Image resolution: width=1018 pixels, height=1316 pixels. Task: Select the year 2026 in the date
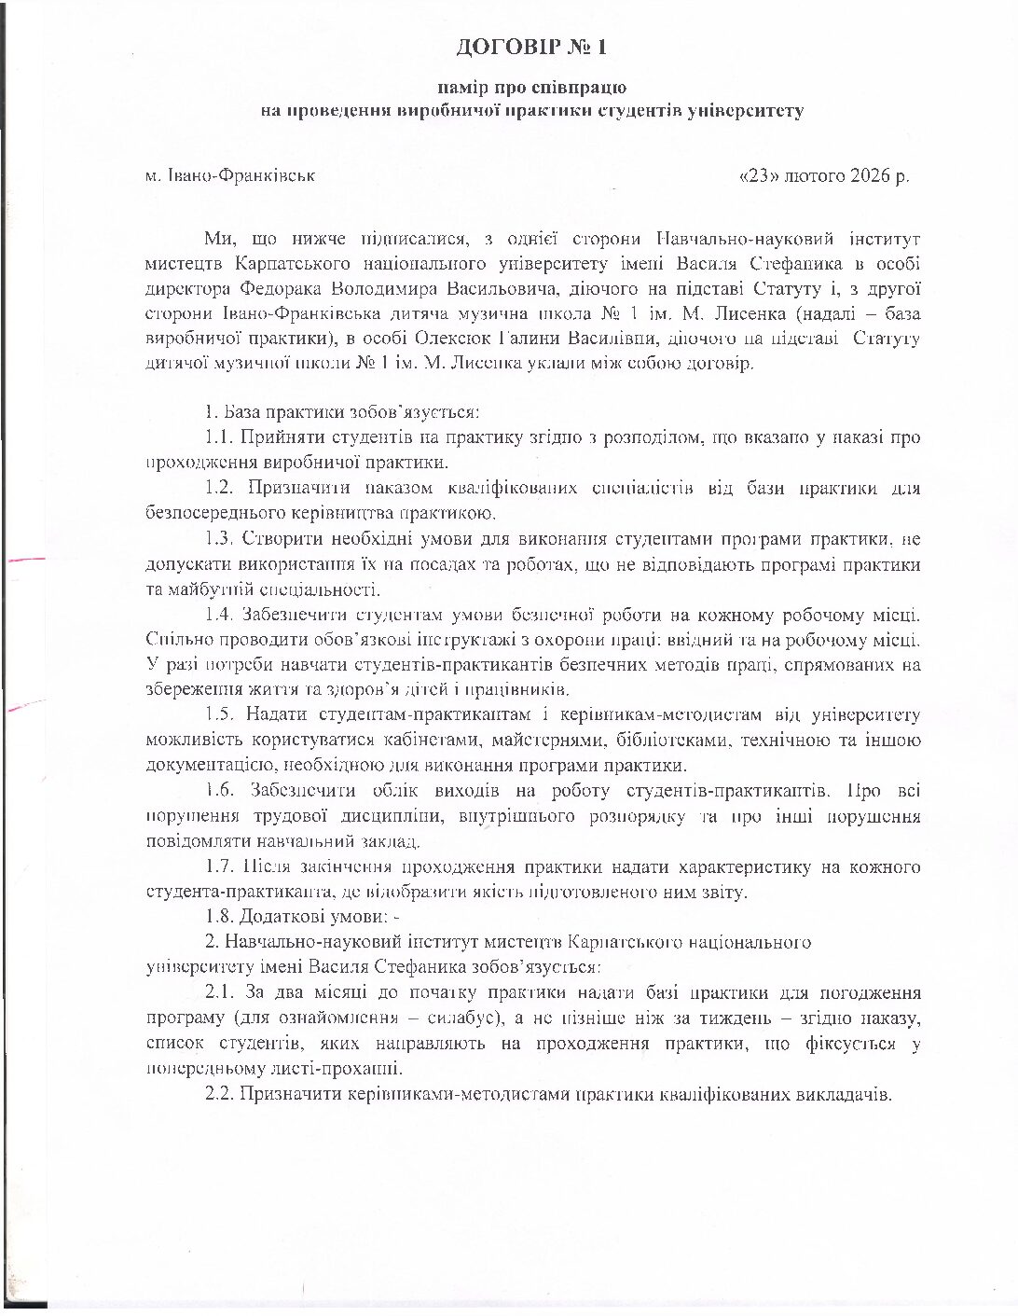(x=871, y=175)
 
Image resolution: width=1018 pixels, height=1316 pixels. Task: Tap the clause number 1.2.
(x=219, y=487)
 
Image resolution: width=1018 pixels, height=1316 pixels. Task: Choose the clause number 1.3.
(x=219, y=538)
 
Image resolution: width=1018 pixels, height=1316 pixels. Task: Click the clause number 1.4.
(x=219, y=614)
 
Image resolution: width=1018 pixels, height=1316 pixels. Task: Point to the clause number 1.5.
(x=219, y=714)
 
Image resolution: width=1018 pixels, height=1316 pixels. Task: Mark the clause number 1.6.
(x=219, y=790)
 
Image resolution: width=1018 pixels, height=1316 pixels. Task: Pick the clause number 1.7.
(x=219, y=866)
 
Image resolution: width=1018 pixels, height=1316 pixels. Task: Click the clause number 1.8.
(x=219, y=917)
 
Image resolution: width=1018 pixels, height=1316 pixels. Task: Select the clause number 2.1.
(x=219, y=992)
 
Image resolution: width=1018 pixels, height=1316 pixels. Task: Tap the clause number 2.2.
(x=219, y=1094)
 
